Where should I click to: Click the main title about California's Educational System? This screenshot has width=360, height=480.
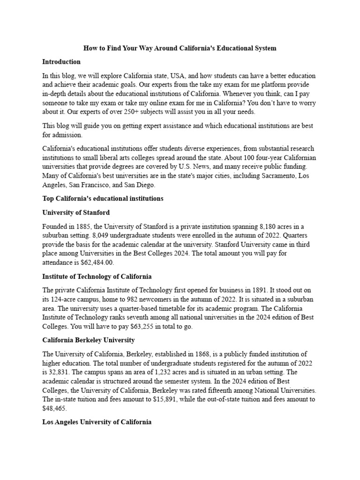coord(180,48)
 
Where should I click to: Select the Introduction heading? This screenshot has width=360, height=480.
coord(61,61)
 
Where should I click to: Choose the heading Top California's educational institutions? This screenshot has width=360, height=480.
coord(103,198)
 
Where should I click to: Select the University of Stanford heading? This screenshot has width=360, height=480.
coord(76,212)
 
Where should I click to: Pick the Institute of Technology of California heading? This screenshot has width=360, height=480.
coord(97,277)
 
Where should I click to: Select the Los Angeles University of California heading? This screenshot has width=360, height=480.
coord(97,422)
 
